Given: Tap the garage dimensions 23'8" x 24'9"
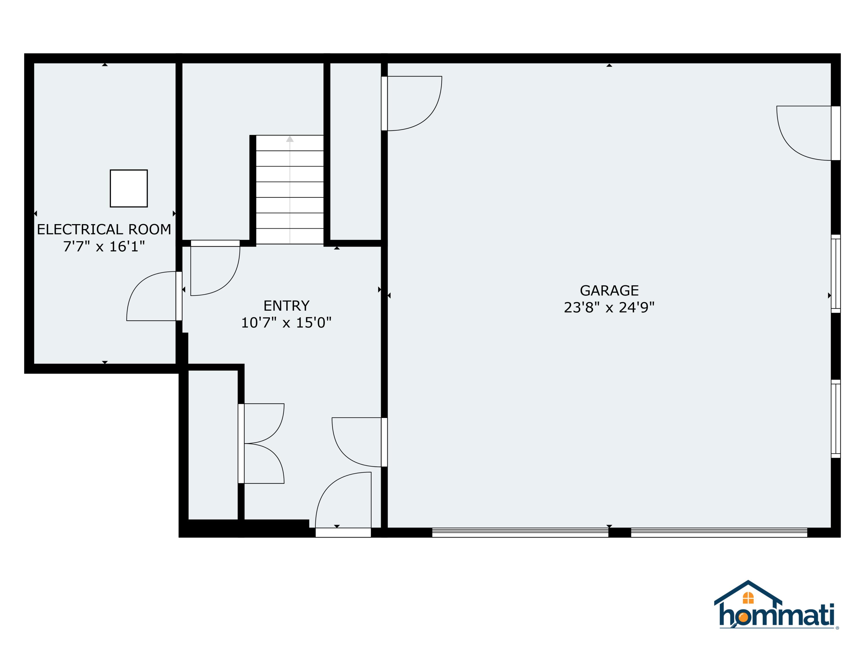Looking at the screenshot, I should pyautogui.click(x=609, y=307).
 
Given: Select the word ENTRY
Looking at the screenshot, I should pyautogui.click(x=286, y=305).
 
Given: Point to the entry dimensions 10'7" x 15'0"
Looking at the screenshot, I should pyautogui.click(x=286, y=323).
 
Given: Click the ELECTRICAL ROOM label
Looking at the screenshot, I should pyautogui.click(x=104, y=229).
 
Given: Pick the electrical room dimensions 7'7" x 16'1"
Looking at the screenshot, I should pyautogui.click(x=104, y=246).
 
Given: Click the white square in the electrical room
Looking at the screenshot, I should pyautogui.click(x=129, y=188).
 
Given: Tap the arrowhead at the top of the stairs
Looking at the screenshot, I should pyautogui.click(x=290, y=139).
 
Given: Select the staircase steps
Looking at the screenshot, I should pyautogui.click(x=290, y=190).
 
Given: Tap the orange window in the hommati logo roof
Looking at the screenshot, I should pyautogui.click(x=748, y=598).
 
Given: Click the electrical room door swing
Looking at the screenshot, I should pyautogui.click(x=153, y=296).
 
